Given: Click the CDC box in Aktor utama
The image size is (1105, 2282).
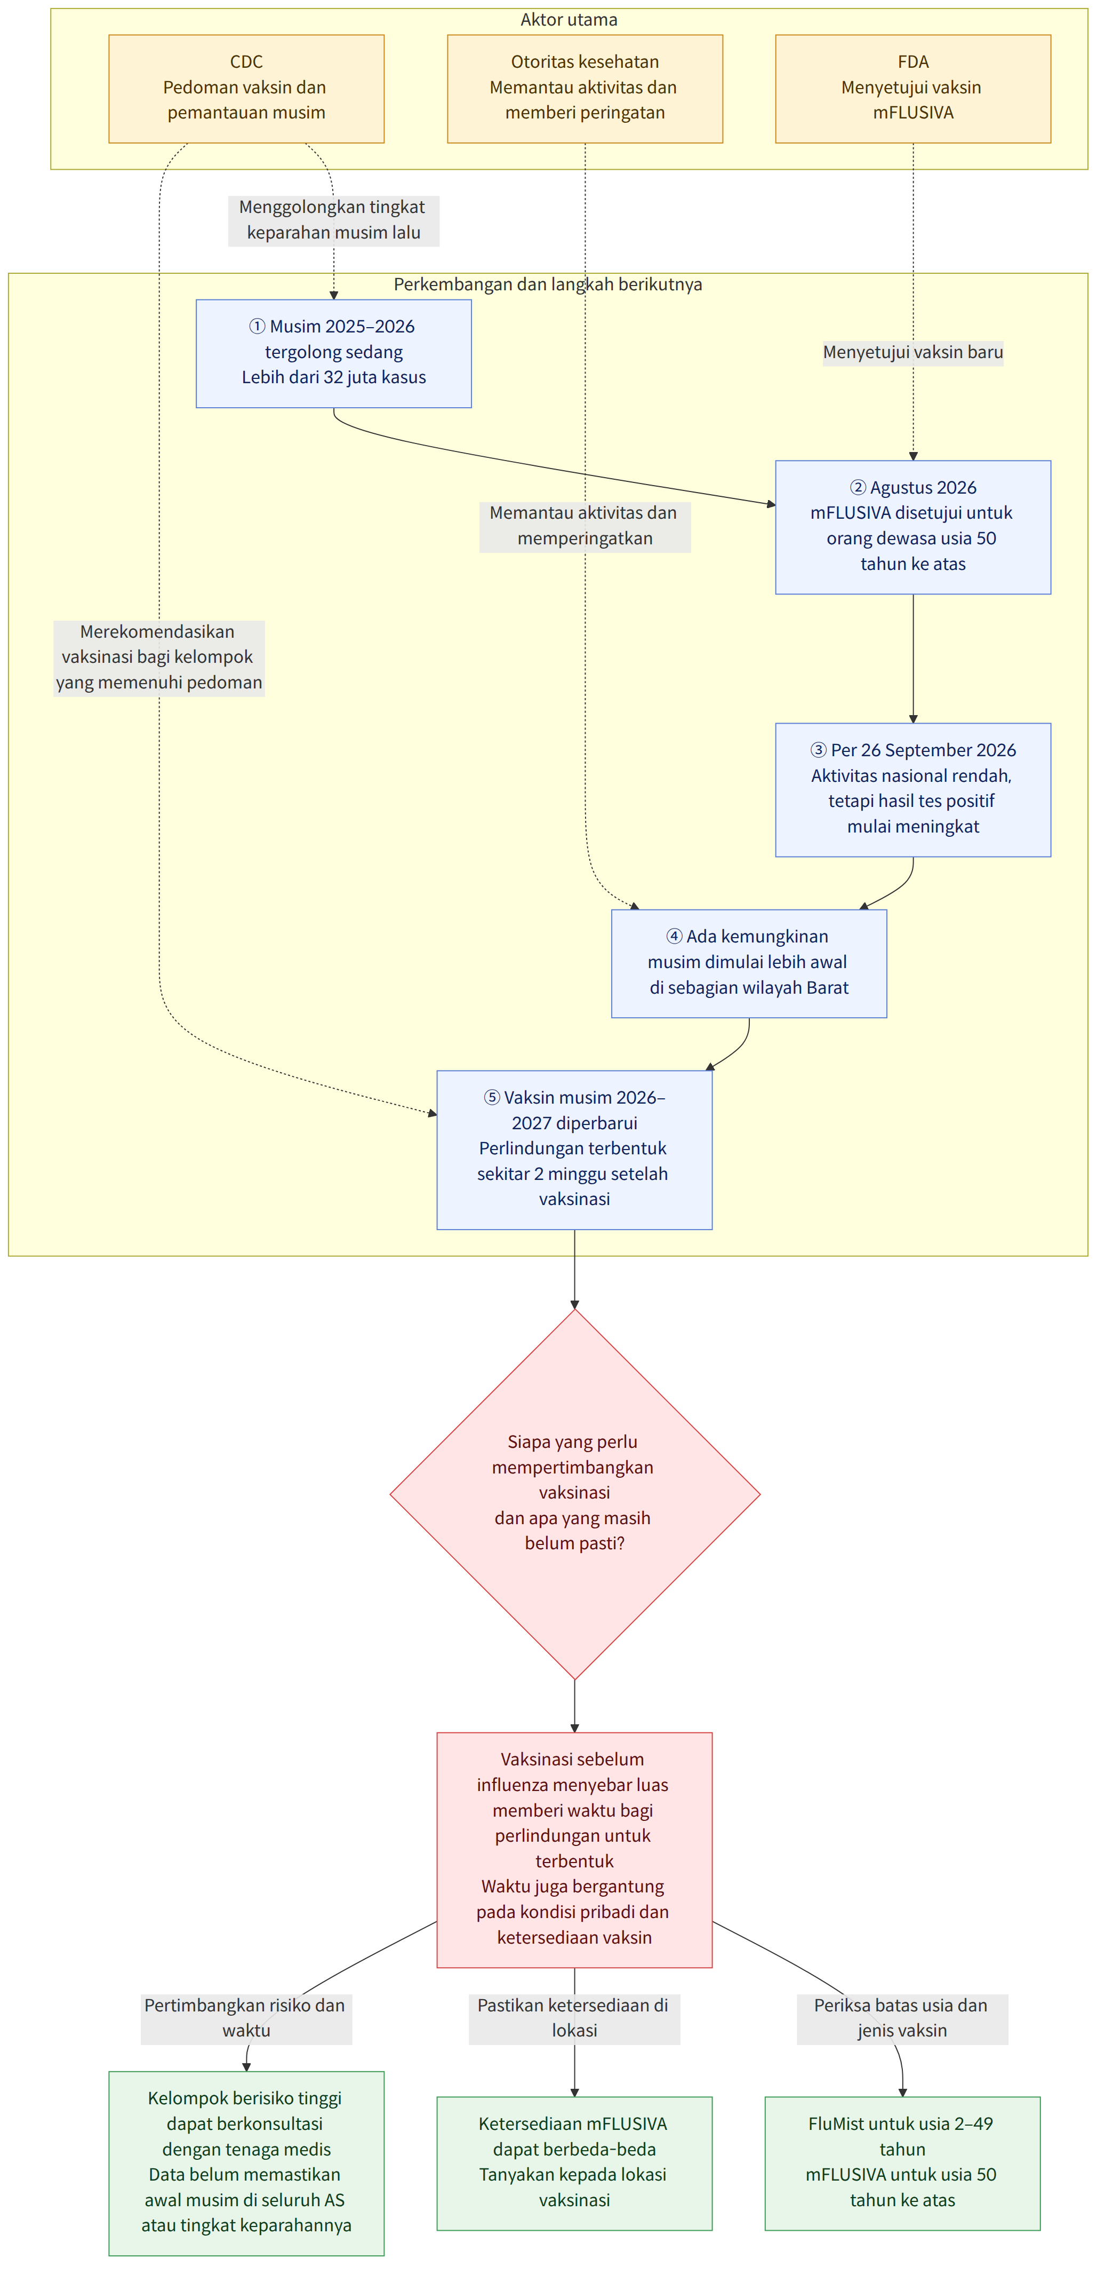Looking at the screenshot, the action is [x=246, y=89].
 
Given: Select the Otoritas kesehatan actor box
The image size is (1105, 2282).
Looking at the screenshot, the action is [x=584, y=89].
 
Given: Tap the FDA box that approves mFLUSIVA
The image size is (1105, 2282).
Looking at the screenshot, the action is [x=913, y=89].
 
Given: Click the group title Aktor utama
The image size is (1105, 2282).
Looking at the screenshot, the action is [x=568, y=20].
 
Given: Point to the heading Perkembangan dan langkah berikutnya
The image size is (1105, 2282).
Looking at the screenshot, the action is [x=548, y=284].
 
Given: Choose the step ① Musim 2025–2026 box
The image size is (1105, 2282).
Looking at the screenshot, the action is [x=334, y=353].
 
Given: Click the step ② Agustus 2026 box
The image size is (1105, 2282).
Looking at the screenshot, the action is [x=913, y=527].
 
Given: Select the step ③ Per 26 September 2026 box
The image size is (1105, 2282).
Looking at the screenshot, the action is [x=913, y=789].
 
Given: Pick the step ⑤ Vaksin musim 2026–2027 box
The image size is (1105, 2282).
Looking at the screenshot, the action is [x=575, y=1150].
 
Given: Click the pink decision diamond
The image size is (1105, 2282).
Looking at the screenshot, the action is [x=575, y=1494].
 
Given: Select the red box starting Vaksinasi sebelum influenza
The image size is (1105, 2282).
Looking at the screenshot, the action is [x=575, y=1850].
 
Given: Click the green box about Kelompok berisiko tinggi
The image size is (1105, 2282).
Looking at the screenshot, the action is [x=246, y=2162].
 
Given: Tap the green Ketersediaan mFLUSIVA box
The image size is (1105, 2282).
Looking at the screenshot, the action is [x=575, y=2162].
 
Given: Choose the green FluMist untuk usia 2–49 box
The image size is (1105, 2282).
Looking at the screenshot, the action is [x=902, y=2162].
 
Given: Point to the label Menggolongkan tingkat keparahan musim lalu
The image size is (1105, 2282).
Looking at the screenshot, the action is [x=334, y=220].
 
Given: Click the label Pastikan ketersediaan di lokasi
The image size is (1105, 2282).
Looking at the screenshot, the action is [x=575, y=2018].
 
